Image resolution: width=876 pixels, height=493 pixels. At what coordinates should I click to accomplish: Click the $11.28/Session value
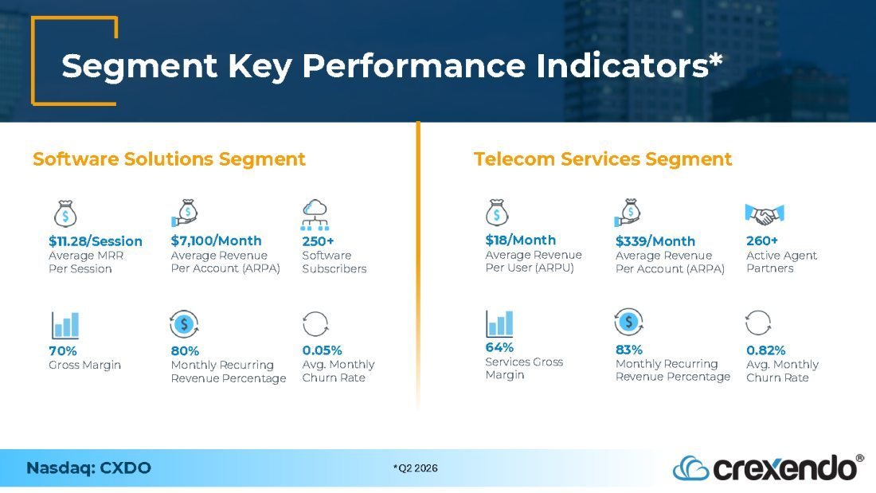coord(96,241)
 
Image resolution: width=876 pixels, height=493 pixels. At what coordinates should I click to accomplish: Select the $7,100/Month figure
coord(216,241)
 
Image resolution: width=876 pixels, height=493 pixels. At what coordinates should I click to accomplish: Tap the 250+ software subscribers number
coord(318,241)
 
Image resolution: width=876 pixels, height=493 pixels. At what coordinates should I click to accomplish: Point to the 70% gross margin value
coord(63,351)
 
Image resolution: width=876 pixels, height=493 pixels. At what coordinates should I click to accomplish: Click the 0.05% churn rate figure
coord(323,350)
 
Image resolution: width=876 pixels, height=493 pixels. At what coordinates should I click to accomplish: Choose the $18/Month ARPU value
coord(521,240)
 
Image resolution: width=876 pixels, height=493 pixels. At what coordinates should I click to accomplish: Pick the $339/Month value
coord(655,241)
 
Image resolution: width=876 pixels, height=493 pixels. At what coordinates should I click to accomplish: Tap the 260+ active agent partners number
coord(762,241)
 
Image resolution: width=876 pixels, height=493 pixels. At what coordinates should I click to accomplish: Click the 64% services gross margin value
coord(499,347)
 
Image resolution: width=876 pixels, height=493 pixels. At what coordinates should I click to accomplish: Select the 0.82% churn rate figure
coord(766,350)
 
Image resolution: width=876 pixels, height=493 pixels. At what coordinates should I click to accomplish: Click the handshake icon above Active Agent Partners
coord(765,213)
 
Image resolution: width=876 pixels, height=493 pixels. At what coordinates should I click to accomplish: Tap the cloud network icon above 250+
coord(315,214)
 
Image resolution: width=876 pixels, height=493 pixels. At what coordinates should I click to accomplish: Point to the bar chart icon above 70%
coord(65,325)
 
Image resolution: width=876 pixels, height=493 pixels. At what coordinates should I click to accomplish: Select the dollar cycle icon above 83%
coord(628,322)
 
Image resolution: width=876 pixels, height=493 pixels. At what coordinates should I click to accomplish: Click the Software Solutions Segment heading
coord(170,158)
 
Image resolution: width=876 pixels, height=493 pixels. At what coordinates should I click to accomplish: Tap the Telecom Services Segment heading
coord(603,158)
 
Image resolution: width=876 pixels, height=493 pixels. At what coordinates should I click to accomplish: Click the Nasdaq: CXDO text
coord(89,468)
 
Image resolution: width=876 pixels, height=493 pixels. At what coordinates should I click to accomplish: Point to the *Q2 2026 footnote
coord(416,468)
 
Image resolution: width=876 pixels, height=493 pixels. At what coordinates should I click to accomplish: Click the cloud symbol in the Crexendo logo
coord(691,468)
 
